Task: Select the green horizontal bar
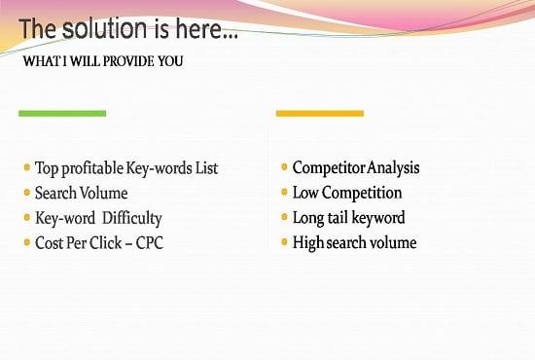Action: point(62,114)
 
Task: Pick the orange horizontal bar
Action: point(319,114)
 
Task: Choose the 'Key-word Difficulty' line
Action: point(98,218)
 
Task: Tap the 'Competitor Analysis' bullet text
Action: point(356,167)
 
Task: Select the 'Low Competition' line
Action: point(346,193)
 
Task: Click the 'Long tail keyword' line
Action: point(348,218)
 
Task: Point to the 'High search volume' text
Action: point(354,242)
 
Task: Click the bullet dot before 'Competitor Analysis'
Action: point(284,168)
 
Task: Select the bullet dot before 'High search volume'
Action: point(284,243)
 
